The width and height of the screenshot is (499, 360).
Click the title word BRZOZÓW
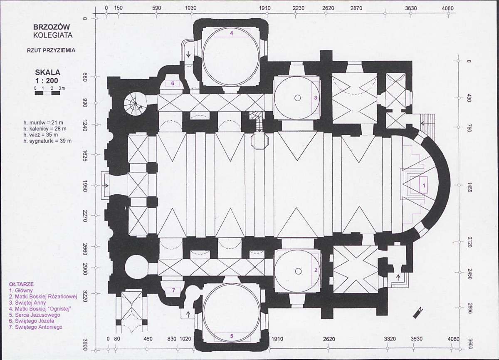(x=52, y=27)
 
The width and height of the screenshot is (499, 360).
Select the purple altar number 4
(x=232, y=33)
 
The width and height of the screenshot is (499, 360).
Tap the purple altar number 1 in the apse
(x=424, y=186)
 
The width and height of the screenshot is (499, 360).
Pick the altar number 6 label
(x=173, y=84)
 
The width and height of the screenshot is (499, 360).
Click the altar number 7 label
(x=173, y=290)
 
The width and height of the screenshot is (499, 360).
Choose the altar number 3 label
(x=316, y=98)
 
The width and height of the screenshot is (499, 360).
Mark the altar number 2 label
(x=316, y=270)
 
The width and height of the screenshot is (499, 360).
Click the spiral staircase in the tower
(x=135, y=103)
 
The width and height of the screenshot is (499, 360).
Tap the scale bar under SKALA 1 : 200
(x=47, y=93)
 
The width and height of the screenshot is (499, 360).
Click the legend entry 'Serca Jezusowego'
(x=35, y=315)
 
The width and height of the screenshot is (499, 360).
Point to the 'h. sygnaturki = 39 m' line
(x=47, y=141)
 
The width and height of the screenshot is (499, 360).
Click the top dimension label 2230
(x=298, y=8)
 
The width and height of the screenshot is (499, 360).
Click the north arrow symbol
(x=417, y=313)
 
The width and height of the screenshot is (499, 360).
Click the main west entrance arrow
(x=105, y=186)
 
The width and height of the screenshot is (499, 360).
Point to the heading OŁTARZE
(x=21, y=284)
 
